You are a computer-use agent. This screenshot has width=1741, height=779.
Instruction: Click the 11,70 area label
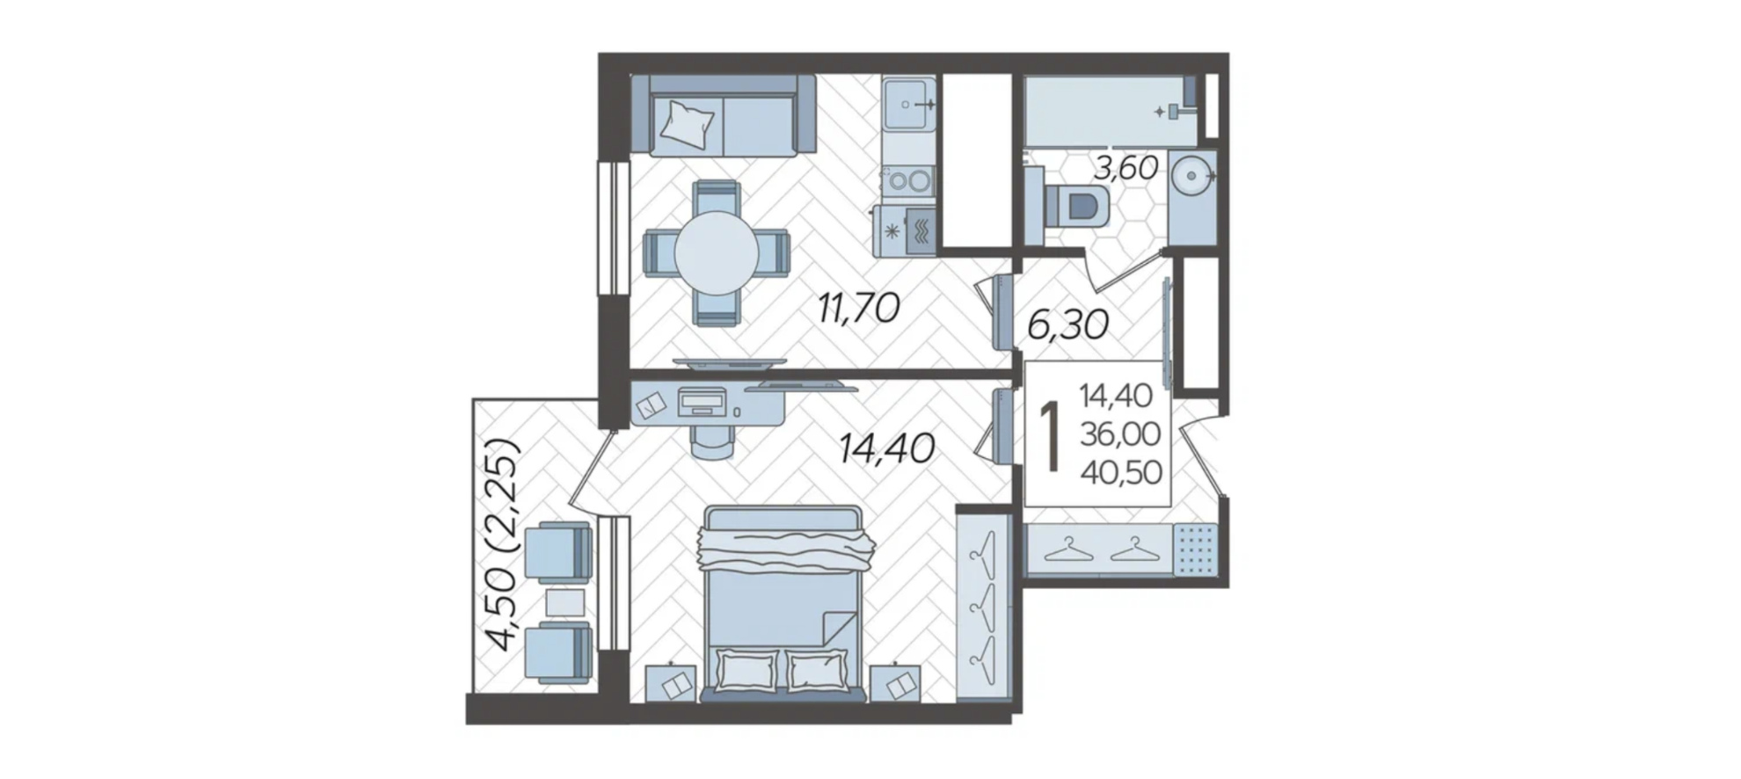[x=858, y=309]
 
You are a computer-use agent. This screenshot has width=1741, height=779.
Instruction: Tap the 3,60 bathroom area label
[x=1125, y=167]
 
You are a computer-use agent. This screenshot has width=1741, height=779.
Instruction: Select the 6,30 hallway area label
[x=1067, y=325]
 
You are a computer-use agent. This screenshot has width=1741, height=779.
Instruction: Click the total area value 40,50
[x=1121, y=472]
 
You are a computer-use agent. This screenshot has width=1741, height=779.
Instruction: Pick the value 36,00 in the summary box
[x=1120, y=433]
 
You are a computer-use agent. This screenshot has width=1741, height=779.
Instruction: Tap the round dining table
[x=717, y=253]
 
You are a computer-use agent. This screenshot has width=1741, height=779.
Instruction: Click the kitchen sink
[x=908, y=104]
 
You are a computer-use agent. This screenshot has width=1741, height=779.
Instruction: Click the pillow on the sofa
[x=688, y=122]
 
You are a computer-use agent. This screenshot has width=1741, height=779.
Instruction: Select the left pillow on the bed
[x=747, y=670]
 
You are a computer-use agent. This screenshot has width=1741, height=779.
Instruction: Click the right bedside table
[x=896, y=682]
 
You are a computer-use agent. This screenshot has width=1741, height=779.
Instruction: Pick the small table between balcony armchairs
[x=565, y=602]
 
